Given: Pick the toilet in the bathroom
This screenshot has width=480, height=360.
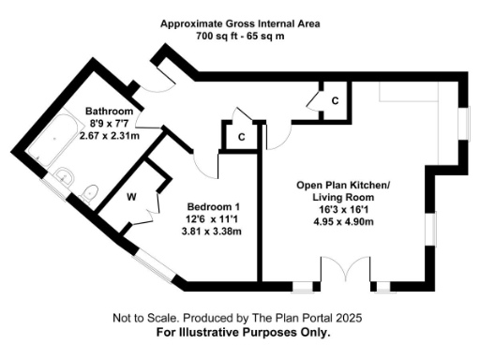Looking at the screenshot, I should (90, 193).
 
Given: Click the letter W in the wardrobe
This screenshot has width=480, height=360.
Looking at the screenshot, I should (131, 198).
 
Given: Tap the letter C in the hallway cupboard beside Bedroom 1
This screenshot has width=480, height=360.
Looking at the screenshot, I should (241, 137).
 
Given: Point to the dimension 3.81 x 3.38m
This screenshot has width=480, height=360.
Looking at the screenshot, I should (211, 231).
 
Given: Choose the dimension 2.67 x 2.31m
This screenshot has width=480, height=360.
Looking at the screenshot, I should (108, 135).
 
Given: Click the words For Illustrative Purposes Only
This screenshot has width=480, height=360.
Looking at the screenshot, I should (243, 333).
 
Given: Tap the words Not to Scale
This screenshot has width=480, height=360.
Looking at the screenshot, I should (143, 319).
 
